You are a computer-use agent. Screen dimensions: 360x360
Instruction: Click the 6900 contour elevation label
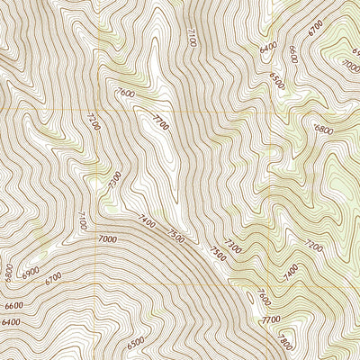31,270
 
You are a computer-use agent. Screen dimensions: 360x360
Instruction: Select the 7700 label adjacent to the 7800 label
269,319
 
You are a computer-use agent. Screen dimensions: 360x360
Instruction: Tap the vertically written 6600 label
293,54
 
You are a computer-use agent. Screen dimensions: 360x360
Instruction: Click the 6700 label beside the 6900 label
52,278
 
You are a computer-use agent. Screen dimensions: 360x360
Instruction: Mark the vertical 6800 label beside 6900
8,272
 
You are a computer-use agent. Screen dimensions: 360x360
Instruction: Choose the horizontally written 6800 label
323,129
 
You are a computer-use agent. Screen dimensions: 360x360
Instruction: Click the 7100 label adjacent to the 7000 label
82,219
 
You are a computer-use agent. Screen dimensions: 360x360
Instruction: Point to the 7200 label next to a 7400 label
314,246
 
